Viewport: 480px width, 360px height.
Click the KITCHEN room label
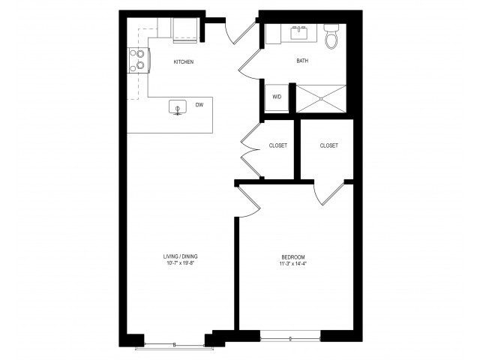point(183,61)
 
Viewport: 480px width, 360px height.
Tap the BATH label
point(302,61)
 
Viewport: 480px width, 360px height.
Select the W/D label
point(277,97)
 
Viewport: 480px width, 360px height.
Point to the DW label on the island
point(199,105)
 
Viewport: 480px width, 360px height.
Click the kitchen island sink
point(178,106)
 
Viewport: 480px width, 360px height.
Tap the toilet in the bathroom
point(331,36)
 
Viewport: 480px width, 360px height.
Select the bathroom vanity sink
point(298,33)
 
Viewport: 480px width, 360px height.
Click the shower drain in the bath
point(321,99)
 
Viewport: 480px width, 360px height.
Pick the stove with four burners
point(138,60)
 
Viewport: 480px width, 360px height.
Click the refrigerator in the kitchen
point(185,30)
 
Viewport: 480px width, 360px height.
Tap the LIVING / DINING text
point(180,256)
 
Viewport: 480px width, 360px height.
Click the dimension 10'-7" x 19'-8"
point(180,263)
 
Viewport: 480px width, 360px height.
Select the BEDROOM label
point(293,257)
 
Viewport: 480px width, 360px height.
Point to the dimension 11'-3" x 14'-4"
point(293,263)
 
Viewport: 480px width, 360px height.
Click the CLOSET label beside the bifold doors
point(278,145)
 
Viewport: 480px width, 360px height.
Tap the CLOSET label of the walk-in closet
point(329,145)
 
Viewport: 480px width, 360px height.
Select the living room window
point(175,346)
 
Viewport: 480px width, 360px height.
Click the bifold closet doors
point(251,150)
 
